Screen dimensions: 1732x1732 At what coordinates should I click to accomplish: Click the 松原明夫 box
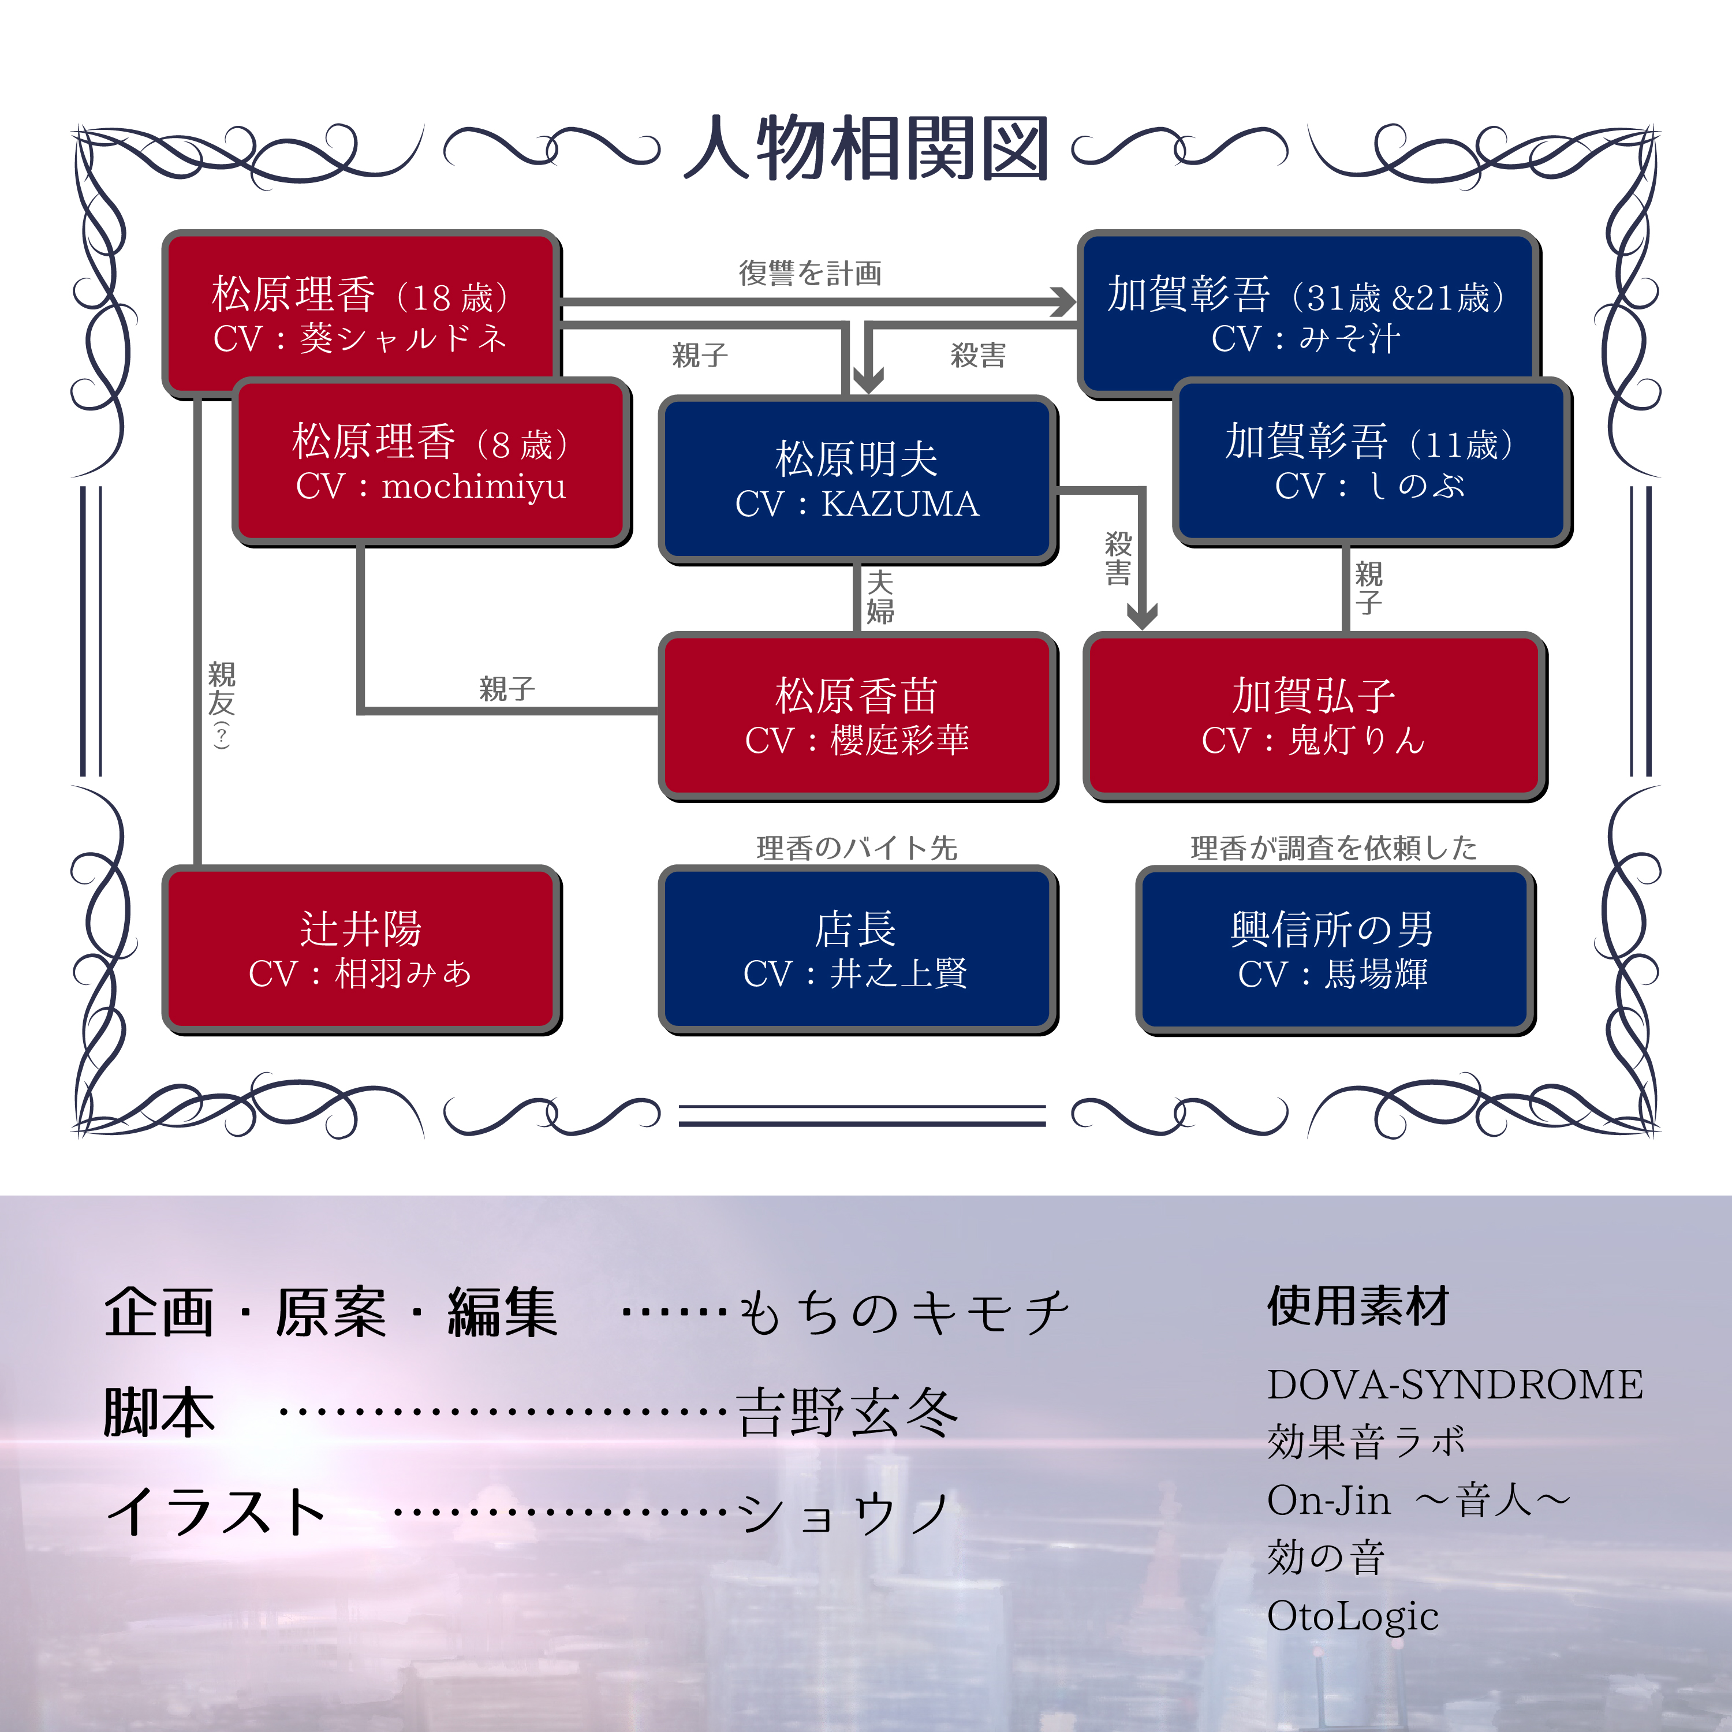point(857,480)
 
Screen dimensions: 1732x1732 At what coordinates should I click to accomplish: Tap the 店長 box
point(857,949)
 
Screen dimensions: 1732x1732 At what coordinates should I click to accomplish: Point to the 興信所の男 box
point(1334,949)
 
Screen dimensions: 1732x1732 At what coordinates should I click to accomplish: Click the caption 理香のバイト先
point(857,847)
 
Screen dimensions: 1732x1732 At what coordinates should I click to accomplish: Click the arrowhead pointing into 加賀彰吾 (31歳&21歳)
point(1063,302)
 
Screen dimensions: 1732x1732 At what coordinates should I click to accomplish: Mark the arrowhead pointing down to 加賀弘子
point(1141,616)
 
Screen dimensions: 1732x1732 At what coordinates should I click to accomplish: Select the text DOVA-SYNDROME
point(1454,1385)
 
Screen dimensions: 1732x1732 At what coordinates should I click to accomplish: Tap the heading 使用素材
point(1357,1306)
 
